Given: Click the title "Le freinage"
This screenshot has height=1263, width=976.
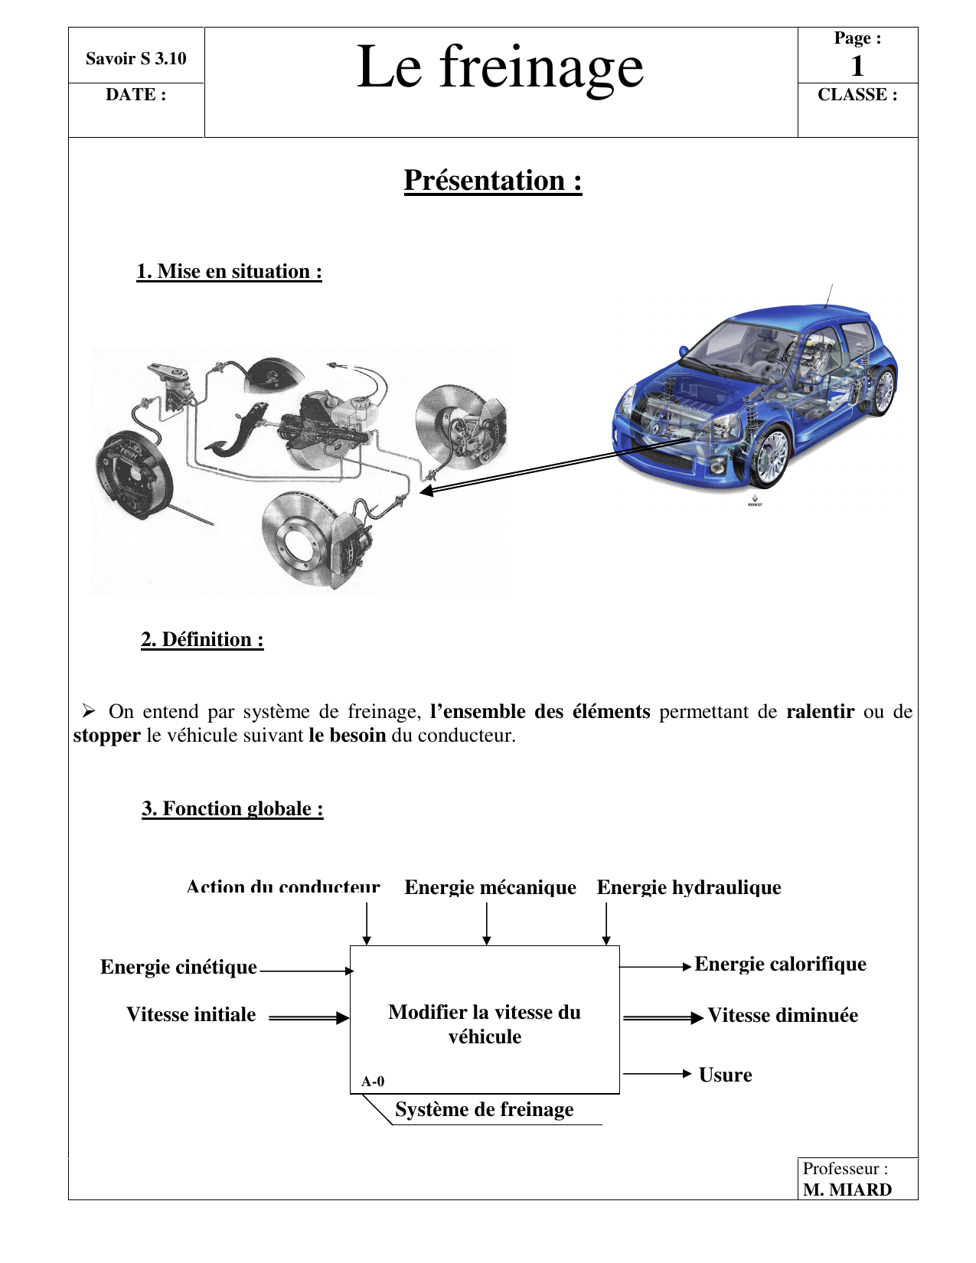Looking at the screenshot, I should pos(500,67).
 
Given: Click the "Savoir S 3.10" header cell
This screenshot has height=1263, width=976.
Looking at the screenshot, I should pos(135,59).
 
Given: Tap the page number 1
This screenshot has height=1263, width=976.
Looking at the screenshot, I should pos(857,67).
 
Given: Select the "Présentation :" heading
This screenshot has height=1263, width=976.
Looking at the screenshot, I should pos(493,181).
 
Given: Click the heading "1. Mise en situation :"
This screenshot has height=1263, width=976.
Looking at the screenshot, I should pos(229,272).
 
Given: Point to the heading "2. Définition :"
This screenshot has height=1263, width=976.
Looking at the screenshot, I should pos(202,640).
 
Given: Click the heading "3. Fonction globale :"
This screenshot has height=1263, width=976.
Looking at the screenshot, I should pos(233,809).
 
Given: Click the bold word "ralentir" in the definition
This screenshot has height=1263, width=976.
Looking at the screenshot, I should pos(820,712).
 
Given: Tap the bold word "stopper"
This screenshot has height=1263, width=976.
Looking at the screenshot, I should pos(106,736).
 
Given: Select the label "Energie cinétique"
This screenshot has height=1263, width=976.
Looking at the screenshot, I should pos(178,968).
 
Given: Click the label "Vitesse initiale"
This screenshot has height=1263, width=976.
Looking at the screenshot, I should pos(191,1015).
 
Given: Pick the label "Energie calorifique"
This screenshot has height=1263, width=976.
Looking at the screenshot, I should pos(780,964).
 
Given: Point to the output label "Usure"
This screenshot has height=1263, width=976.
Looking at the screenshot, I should pos(725,1075).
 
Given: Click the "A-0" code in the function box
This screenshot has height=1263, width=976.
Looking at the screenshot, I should pos(373,1082).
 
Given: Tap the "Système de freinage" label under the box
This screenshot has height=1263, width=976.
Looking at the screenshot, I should pos(484,1110).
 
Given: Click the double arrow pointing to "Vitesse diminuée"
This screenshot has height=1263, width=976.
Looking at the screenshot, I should pos(663,1018).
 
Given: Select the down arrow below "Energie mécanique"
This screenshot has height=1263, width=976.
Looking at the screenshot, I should pos(487,924).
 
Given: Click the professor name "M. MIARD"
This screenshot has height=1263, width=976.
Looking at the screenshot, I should pos(847,1190).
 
